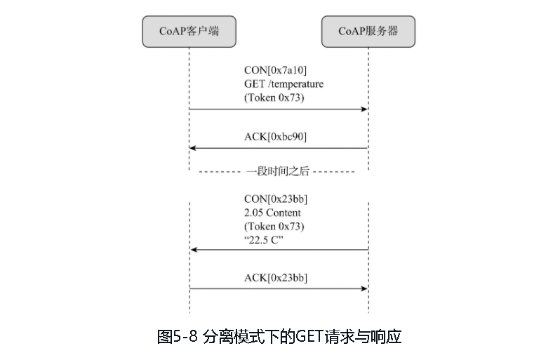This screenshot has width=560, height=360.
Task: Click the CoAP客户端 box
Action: click(x=189, y=32)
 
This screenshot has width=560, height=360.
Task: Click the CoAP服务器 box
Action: click(x=368, y=32)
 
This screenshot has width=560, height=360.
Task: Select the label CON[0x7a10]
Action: click(x=275, y=70)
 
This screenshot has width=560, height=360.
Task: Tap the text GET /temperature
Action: click(x=284, y=84)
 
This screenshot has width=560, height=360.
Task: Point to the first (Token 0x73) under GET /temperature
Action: click(x=274, y=98)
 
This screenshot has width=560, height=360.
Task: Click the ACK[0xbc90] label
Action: click(x=275, y=136)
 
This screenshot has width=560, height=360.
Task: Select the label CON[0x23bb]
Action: click(x=276, y=199)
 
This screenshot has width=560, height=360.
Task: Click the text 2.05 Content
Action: click(x=272, y=213)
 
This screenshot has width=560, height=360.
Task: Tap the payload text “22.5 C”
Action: click(x=263, y=240)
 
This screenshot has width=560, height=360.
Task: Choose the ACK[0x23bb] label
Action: click(x=276, y=278)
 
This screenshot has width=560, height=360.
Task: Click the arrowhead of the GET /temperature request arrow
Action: click(x=364, y=109)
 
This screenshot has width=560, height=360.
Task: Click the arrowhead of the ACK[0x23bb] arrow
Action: click(x=364, y=288)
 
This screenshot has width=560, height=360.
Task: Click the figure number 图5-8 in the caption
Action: click(x=178, y=337)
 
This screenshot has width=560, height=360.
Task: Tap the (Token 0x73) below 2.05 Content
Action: click(x=274, y=227)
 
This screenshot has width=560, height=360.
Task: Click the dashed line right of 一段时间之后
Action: click(x=334, y=171)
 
